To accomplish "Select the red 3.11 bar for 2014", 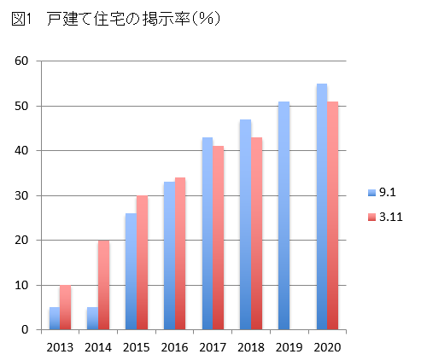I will pos(104,285).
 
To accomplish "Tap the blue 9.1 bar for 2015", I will pos(131,271).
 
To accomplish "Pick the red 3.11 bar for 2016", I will pos(179,253).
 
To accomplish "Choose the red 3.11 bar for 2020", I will pos(333,215).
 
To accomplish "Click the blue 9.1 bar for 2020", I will pos(321,206).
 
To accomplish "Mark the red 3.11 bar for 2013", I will pos(66,307).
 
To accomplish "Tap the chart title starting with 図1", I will pos(116,20).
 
